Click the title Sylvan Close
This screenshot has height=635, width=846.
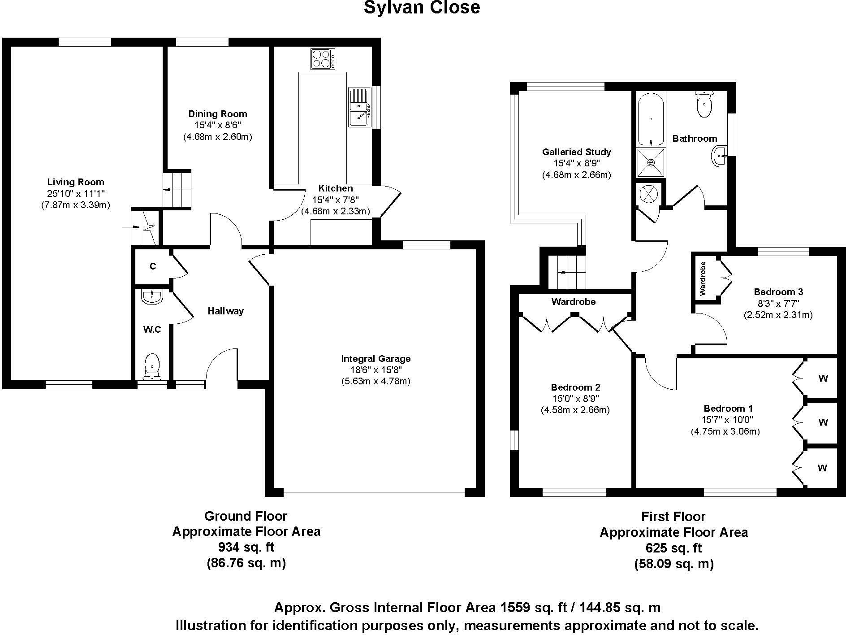pyautogui.click(x=422, y=8)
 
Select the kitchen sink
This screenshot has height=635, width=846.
pyautogui.click(x=358, y=108)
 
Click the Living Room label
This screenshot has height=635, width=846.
pyautogui.click(x=76, y=182)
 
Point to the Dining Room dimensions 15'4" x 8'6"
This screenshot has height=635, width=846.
pyautogui.click(x=217, y=125)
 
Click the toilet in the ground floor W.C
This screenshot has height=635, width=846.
pyautogui.click(x=152, y=365)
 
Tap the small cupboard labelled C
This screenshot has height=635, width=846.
pyautogui.click(x=152, y=266)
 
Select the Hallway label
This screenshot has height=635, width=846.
pyautogui.click(x=225, y=311)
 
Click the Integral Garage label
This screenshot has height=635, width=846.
pyautogui.click(x=376, y=359)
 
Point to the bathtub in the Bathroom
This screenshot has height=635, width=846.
pyautogui.click(x=651, y=119)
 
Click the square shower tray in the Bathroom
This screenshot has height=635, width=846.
pyautogui.click(x=651, y=163)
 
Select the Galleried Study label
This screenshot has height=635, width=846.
pyautogui.click(x=576, y=152)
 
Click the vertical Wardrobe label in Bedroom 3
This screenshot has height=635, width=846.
pyautogui.click(x=702, y=278)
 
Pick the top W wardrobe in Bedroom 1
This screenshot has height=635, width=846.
pyautogui.click(x=823, y=378)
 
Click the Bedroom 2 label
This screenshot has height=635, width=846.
pyautogui.click(x=575, y=387)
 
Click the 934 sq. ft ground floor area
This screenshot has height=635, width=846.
pyautogui.click(x=246, y=547)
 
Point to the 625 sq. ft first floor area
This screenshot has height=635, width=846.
pyautogui.click(x=673, y=548)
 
